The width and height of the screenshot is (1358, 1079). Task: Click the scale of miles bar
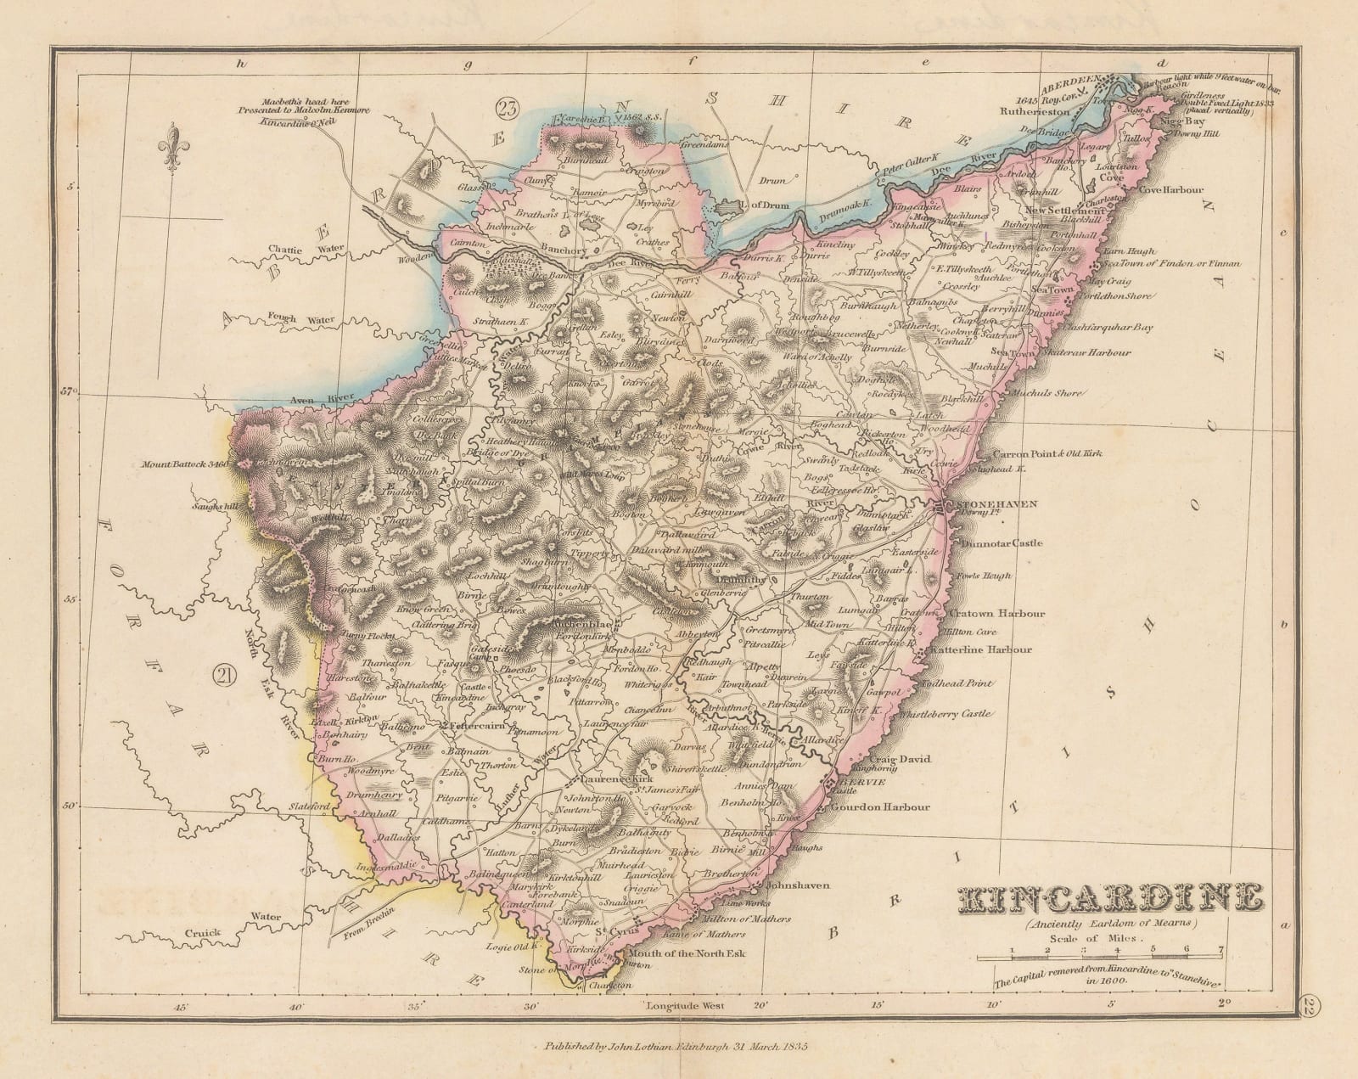1100,958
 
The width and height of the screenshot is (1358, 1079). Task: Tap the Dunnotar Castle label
1002,542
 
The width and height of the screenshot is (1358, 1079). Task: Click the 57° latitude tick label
70,392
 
